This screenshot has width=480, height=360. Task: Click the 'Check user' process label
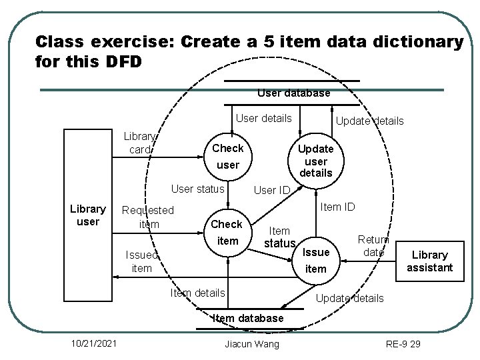point(227,156)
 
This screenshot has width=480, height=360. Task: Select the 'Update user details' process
point(315,161)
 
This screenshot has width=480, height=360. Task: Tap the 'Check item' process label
point(227,232)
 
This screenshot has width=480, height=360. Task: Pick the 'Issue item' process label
point(315,260)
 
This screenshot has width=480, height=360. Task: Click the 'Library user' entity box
point(87,215)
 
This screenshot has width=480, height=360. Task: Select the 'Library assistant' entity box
point(430,261)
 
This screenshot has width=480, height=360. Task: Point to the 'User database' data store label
point(293,93)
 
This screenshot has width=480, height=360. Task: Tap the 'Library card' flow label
point(140,143)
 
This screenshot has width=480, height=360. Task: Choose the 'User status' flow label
point(198,189)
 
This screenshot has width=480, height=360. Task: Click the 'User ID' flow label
point(272,191)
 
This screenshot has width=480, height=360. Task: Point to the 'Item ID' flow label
point(337,207)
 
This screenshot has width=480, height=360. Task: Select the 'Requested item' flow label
point(147,217)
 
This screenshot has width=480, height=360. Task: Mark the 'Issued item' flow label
point(141,261)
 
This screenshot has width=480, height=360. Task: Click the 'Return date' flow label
point(373,245)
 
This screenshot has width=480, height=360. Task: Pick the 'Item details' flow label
point(197,293)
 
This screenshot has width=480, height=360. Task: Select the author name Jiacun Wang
point(253,343)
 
